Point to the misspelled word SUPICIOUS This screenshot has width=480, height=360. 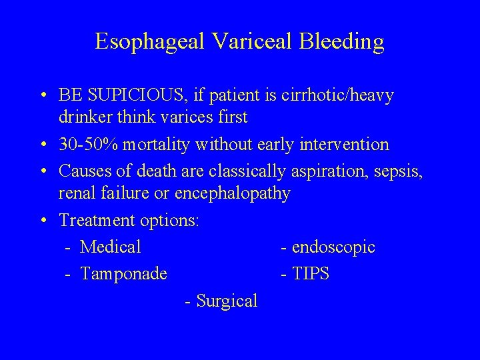(x=133, y=96)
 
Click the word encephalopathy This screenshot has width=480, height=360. (x=233, y=193)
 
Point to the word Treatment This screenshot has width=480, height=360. (x=91, y=220)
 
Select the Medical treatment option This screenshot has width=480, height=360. (x=110, y=247)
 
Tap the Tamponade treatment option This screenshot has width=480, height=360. (x=123, y=274)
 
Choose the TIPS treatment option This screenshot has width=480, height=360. (x=310, y=274)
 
